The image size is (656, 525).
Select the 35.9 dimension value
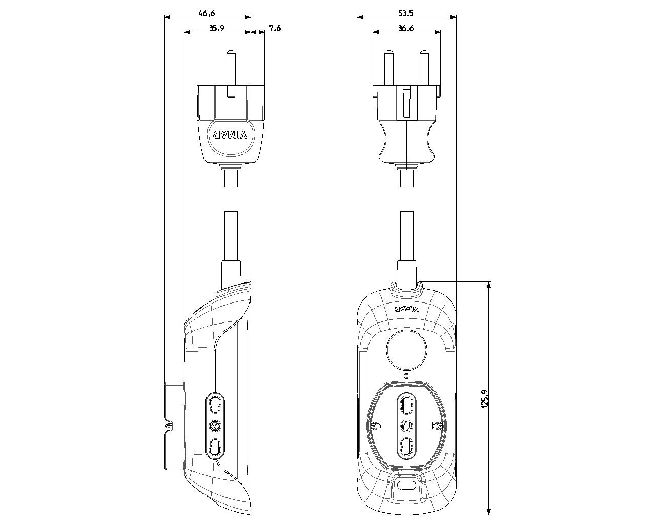[216, 28]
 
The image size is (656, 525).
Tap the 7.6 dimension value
[275, 28]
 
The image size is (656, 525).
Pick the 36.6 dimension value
[406, 28]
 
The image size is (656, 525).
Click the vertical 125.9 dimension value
[484, 398]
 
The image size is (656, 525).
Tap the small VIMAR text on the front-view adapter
[407, 309]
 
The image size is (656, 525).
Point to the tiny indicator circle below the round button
[406, 376]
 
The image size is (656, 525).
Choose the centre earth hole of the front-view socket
[406, 425]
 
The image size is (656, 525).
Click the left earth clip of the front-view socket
[377, 426]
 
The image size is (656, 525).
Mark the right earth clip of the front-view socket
[437, 426]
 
